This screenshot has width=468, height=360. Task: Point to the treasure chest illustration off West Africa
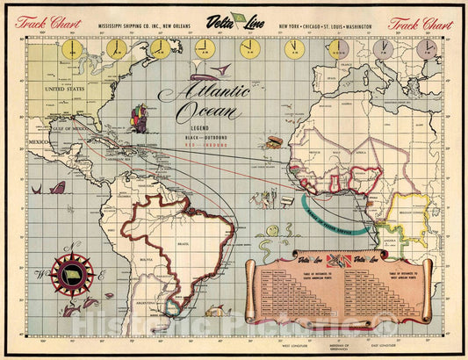pos(275,140)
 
